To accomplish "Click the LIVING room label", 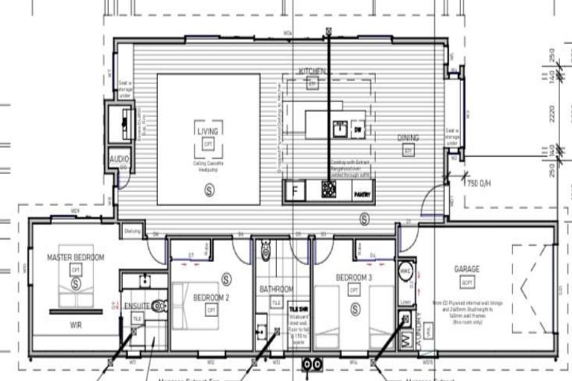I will (208, 132).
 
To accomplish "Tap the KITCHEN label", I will (312, 71).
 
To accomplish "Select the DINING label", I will (407, 138).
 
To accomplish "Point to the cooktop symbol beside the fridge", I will (328, 190).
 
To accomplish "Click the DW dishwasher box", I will (357, 129).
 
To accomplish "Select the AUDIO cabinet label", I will (119, 159).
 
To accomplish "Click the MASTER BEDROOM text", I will (75, 257).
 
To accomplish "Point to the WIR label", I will (74, 325).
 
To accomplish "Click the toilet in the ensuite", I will (158, 305).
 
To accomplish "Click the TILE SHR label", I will (298, 307).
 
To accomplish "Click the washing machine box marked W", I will (406, 339).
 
